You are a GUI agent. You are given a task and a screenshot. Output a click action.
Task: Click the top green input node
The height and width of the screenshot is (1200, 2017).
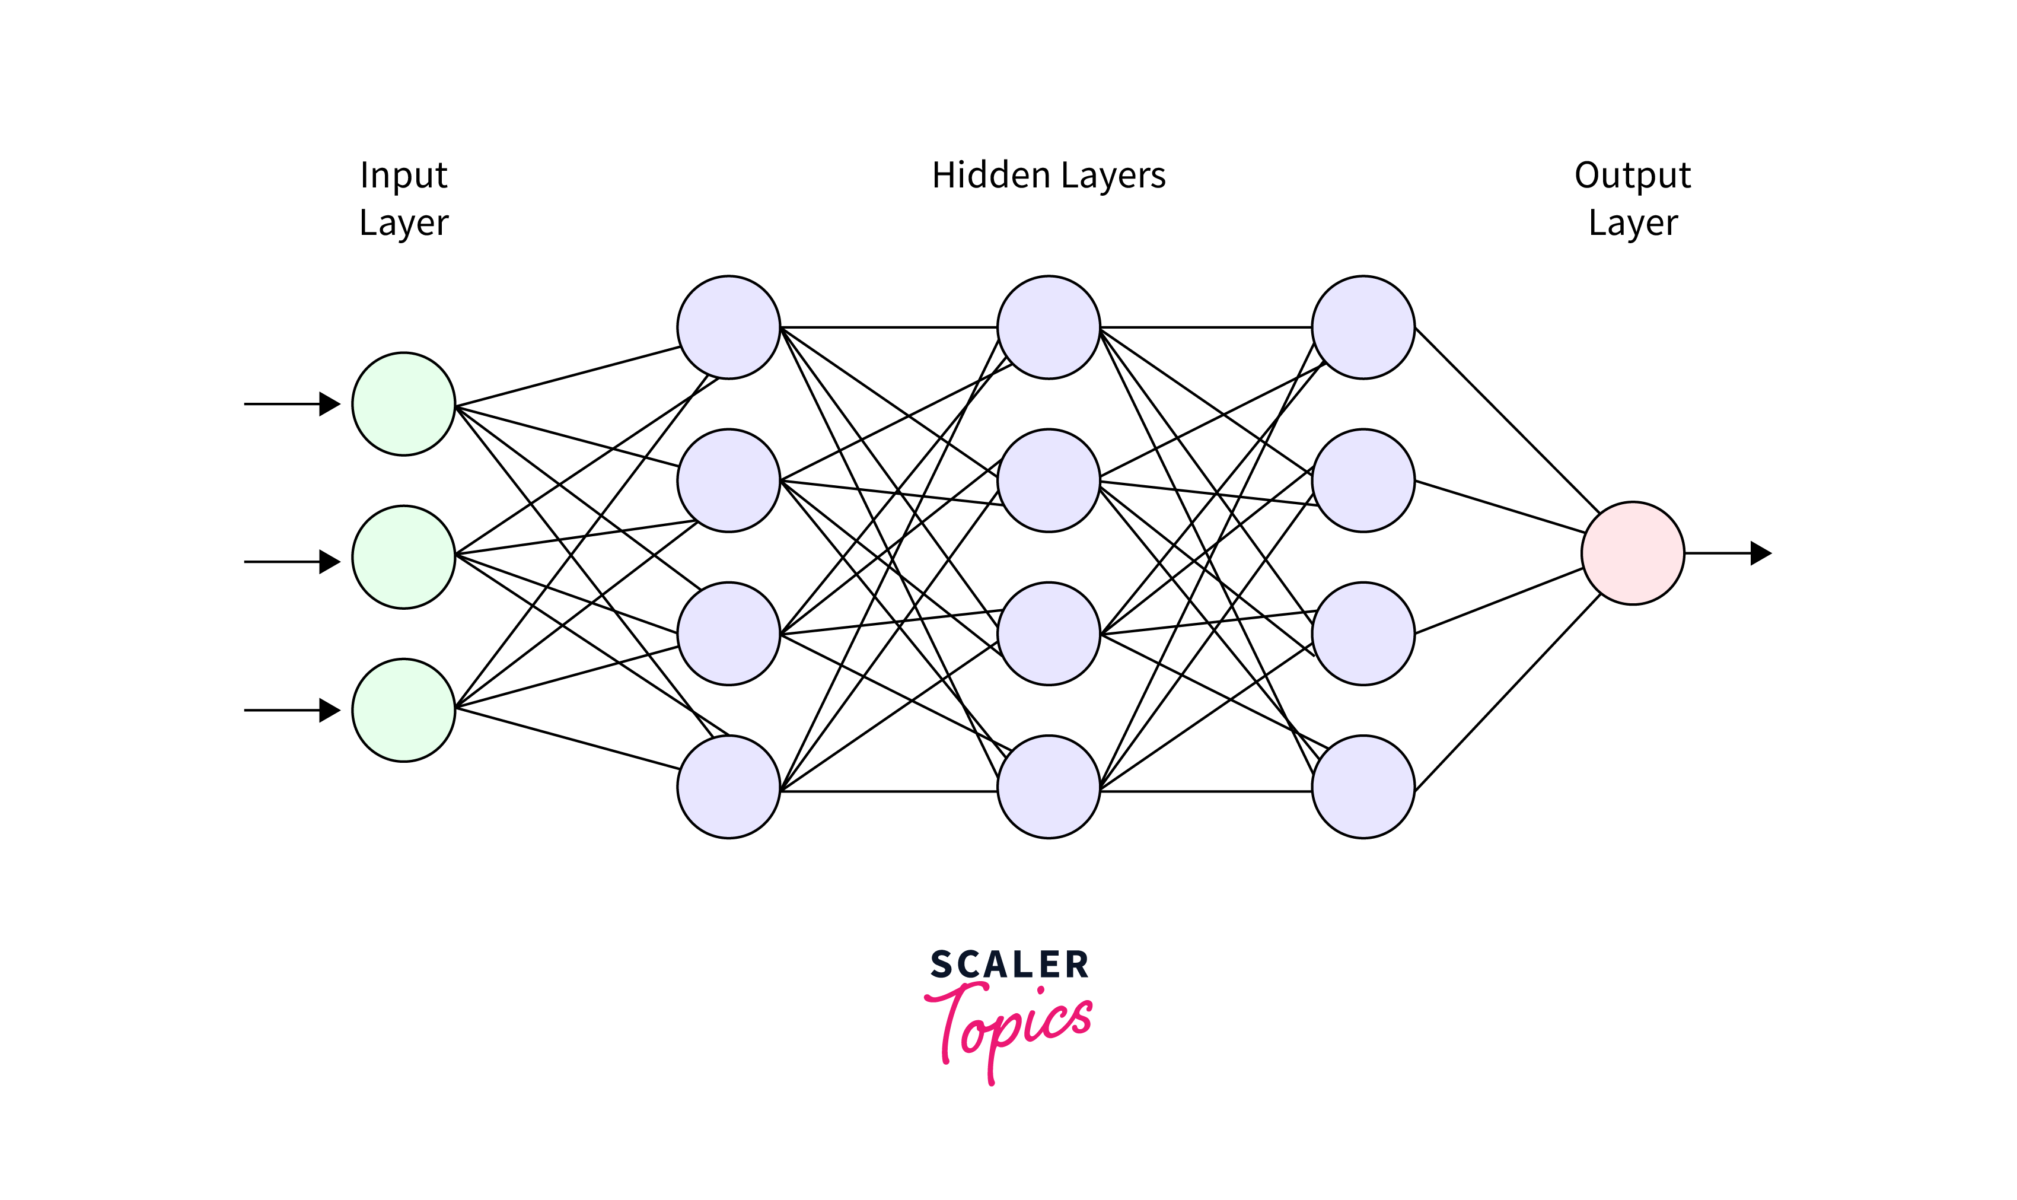[x=403, y=403]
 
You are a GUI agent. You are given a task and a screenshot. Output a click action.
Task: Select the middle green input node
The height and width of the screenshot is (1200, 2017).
[x=403, y=557]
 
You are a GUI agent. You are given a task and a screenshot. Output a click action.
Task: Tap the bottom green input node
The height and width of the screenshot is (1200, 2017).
[x=403, y=710]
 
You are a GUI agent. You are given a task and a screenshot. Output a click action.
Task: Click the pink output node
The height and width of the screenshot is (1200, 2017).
[x=1632, y=553]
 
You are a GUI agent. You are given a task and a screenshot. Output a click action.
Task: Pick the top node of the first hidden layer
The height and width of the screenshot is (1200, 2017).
[x=728, y=327]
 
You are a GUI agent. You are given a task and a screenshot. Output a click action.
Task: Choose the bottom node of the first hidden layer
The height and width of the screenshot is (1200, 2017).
[x=728, y=787]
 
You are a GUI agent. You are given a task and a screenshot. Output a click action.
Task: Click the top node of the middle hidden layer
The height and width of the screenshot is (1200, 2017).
[x=1049, y=327]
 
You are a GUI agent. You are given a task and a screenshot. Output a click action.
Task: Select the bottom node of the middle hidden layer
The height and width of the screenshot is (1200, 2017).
[x=1049, y=787]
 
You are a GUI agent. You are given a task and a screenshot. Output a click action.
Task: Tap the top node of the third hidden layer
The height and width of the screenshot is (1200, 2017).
[x=1363, y=327]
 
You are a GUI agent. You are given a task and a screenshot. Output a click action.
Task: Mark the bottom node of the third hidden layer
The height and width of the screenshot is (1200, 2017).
[x=1363, y=787]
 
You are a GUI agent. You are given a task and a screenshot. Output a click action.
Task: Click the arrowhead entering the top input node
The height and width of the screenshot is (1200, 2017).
[x=330, y=403]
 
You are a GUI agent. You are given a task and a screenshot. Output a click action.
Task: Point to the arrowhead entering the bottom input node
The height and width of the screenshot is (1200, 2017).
[x=330, y=710]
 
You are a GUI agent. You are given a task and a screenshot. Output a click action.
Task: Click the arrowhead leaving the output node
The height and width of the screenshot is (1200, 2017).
[x=1761, y=553]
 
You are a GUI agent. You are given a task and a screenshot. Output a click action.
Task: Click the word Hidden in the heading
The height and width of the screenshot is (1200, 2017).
[x=990, y=176]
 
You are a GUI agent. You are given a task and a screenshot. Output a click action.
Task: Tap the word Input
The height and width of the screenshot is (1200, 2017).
[x=403, y=176]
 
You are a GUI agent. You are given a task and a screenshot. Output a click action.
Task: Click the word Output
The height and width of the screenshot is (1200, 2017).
[x=1632, y=176]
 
